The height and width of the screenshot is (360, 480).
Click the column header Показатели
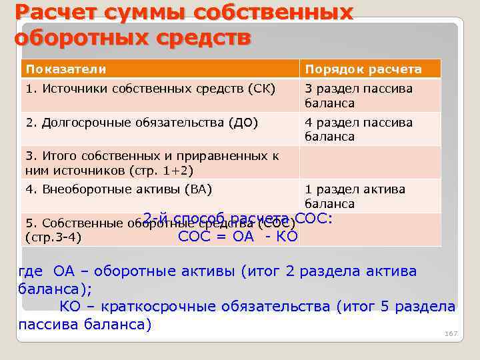pyautogui.click(x=66, y=69)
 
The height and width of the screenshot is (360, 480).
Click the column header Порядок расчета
pyautogui.click(x=363, y=69)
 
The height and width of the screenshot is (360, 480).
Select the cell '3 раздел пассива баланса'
pyautogui.click(x=359, y=96)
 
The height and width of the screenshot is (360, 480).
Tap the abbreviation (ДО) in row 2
pyautogui.click(x=243, y=123)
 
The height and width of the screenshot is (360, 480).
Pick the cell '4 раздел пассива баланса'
pyautogui.click(x=359, y=129)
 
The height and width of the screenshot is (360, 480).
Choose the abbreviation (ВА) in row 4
pyautogui.click(x=197, y=189)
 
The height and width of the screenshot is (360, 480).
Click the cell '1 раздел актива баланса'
pyautogui.click(x=355, y=197)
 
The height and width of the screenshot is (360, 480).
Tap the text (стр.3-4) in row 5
pyautogui.click(x=53, y=236)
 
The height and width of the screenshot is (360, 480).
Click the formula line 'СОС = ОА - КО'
pyautogui.click(x=237, y=235)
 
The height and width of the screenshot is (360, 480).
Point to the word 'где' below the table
pyautogui.click(x=31, y=271)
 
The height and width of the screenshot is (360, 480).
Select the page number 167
pyautogui.click(x=451, y=333)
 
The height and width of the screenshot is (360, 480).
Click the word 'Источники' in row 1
pyautogui.click(x=74, y=89)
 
